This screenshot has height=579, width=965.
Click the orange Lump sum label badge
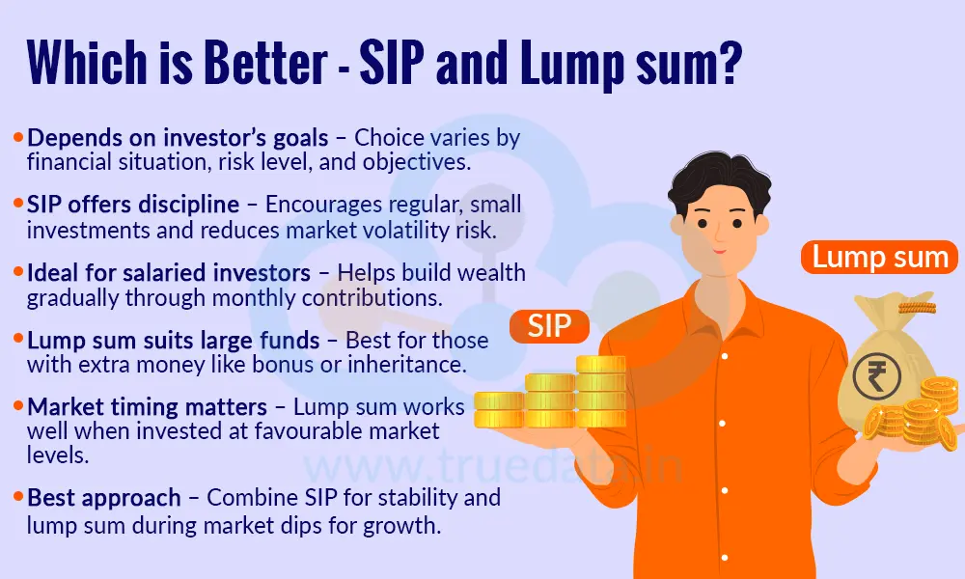tap(879, 258)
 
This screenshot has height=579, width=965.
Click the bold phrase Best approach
tap(104, 498)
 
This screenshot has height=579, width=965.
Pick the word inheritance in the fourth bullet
tap(417, 366)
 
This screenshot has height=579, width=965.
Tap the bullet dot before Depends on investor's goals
tap(19, 138)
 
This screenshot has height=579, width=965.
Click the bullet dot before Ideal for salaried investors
tap(19, 274)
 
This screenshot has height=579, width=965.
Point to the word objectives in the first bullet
tap(421, 162)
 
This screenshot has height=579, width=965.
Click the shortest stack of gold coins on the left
tap(498, 408)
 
